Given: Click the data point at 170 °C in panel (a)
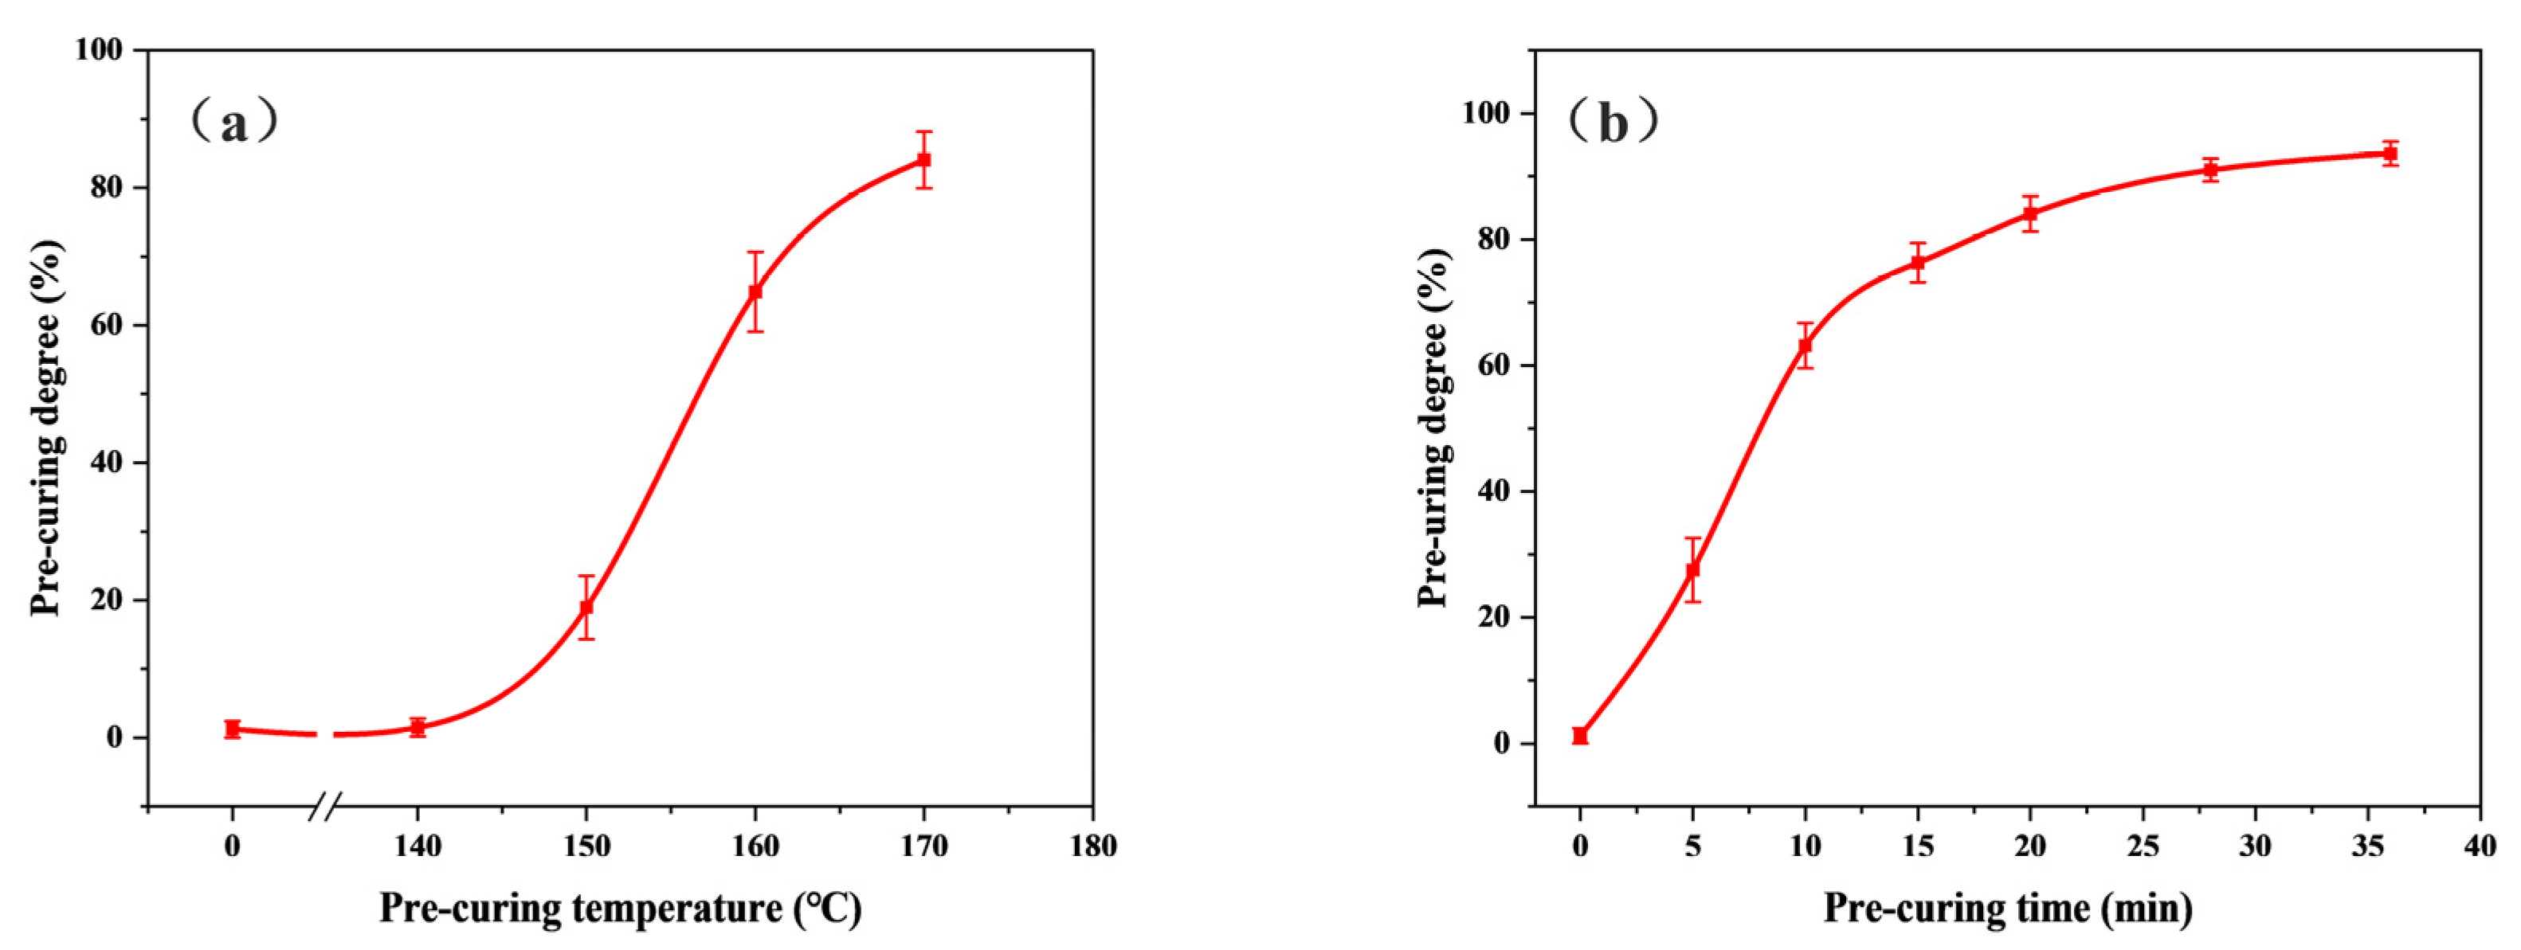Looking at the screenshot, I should pyautogui.click(x=923, y=159).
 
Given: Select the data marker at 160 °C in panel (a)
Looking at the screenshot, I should pyautogui.click(x=755, y=291).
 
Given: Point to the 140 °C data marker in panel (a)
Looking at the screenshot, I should pyautogui.click(x=418, y=727).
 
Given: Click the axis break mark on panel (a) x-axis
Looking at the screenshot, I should pyautogui.click(x=326, y=808).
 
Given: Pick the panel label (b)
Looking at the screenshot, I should pyautogui.click(x=1613, y=123).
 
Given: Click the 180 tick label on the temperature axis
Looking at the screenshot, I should pyautogui.click(x=1092, y=846).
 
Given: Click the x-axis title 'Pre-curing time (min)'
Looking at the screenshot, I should pyautogui.click(x=2007, y=908).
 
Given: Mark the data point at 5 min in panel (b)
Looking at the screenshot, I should pyautogui.click(x=1692, y=569).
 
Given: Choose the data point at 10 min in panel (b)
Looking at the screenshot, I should pyautogui.click(x=1805, y=346).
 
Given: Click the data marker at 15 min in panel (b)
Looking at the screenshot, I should pyautogui.click(x=1918, y=262).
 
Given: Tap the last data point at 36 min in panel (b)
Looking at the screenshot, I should pyautogui.click(x=2390, y=154).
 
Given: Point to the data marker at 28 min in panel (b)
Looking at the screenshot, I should pyautogui.click(x=2209, y=170).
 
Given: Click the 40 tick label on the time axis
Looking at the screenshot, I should pyautogui.click(x=2480, y=846).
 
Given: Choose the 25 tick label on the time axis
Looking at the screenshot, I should pyautogui.click(x=2143, y=846).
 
